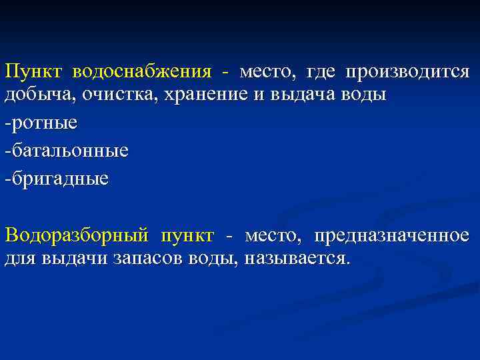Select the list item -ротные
click(x=41, y=123)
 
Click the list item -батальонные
click(x=66, y=151)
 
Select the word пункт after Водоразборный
click(x=187, y=236)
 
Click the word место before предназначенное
click(x=273, y=236)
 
